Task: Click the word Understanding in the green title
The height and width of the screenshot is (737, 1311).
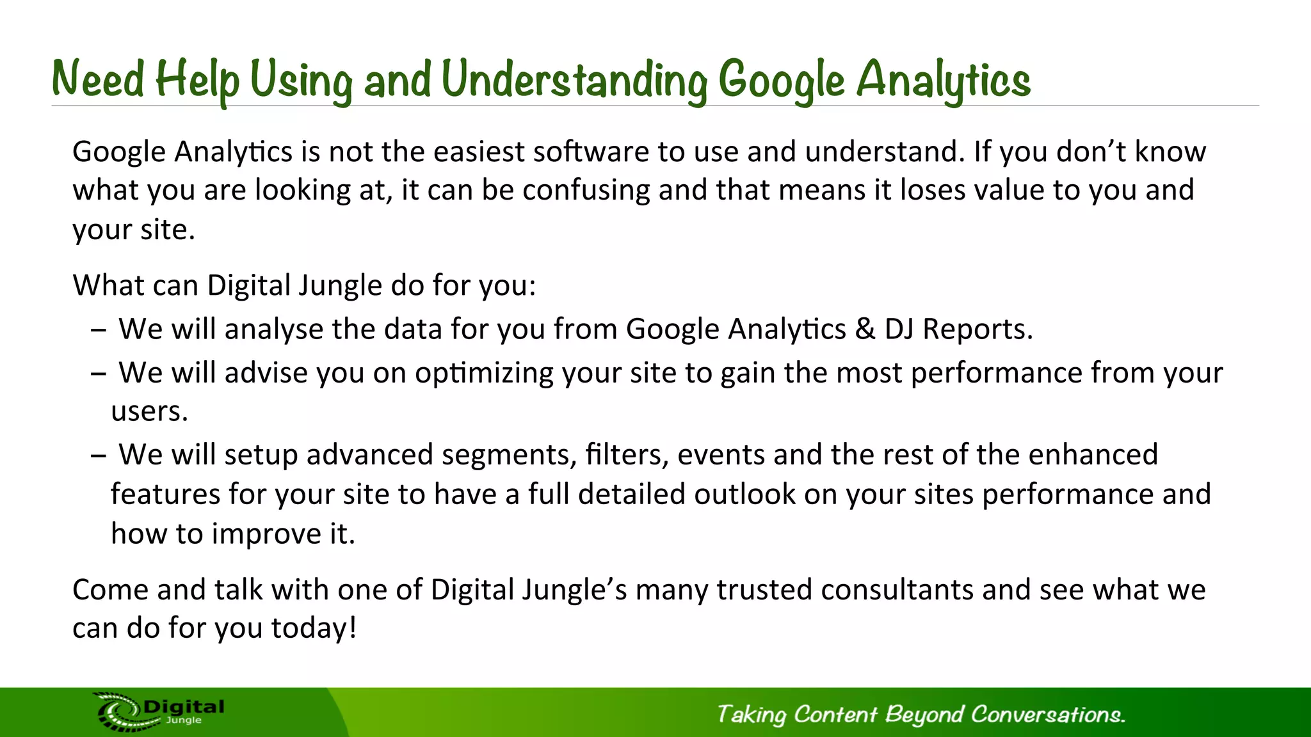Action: [574, 80]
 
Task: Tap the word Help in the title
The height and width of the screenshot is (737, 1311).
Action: [197, 80]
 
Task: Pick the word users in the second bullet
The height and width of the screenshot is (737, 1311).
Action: [149, 411]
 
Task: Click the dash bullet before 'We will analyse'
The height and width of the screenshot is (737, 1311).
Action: [98, 331]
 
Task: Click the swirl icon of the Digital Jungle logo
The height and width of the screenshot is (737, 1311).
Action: [118, 711]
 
